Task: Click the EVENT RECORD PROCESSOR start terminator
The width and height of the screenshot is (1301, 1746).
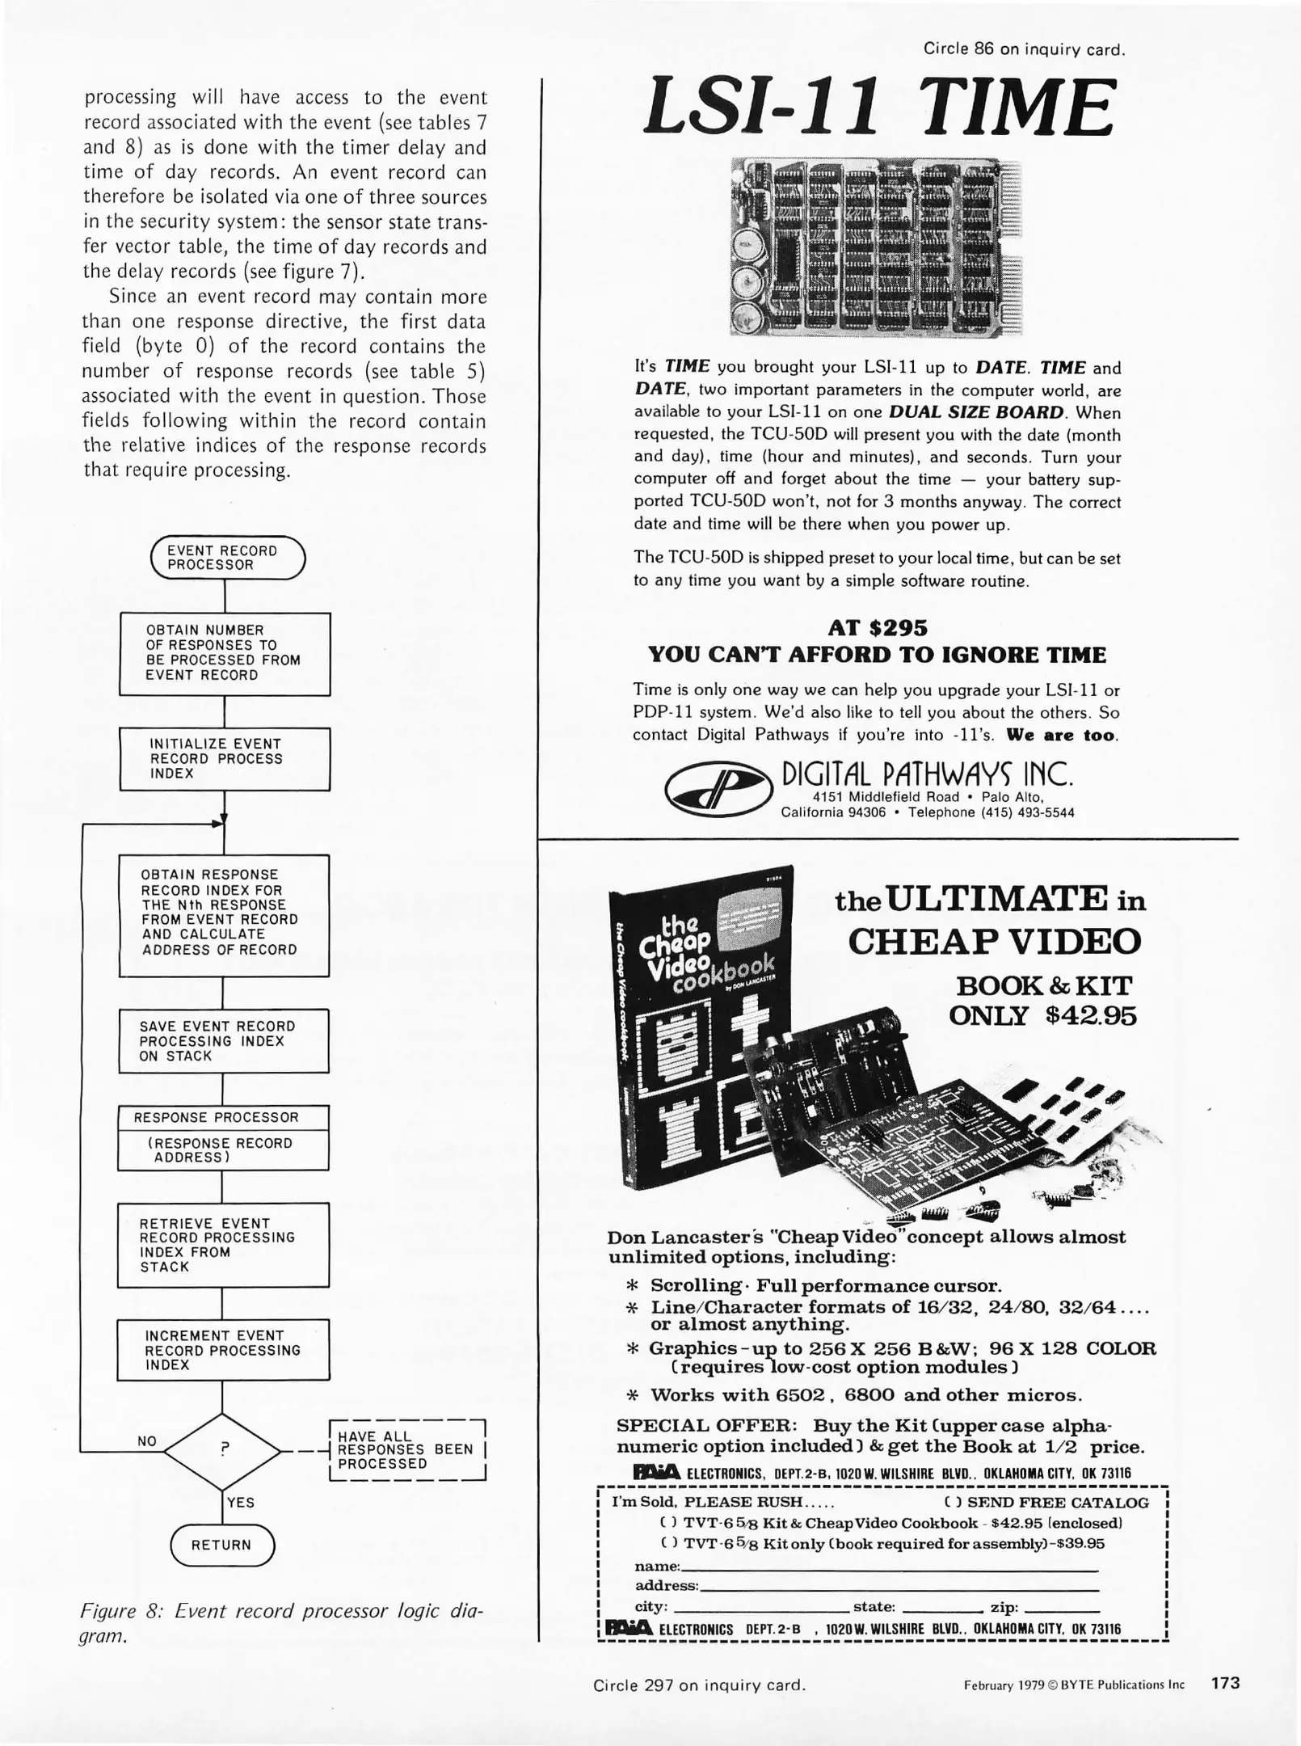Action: pyautogui.click(x=228, y=558)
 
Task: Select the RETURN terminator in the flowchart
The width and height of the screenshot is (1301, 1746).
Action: pyautogui.click(x=222, y=1545)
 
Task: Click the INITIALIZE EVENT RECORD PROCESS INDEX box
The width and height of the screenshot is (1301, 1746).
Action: pyautogui.click(x=225, y=759)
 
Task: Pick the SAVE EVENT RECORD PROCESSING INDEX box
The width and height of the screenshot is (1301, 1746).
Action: pyautogui.click(x=224, y=1040)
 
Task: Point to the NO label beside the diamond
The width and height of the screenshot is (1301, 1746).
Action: pyautogui.click(x=147, y=1441)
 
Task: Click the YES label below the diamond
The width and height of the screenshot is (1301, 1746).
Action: pyautogui.click(x=241, y=1503)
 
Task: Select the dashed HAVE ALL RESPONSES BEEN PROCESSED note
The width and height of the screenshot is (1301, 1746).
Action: pyautogui.click(x=406, y=1450)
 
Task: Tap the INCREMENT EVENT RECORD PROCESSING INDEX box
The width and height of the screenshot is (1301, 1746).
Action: pyautogui.click(x=224, y=1350)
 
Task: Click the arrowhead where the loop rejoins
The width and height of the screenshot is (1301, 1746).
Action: pyautogui.click(x=218, y=823)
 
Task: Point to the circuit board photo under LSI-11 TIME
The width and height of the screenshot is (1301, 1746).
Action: pyautogui.click(x=876, y=247)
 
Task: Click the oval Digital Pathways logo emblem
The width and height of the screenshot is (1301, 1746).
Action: pyautogui.click(x=712, y=790)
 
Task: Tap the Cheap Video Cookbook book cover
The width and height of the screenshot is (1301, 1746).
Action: pyautogui.click(x=701, y=1027)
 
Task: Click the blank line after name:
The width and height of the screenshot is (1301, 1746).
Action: pyautogui.click(x=889, y=1567)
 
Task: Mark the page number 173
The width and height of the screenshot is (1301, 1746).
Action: pyautogui.click(x=1224, y=1683)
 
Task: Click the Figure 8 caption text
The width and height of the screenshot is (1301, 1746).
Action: pyautogui.click(x=281, y=1623)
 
